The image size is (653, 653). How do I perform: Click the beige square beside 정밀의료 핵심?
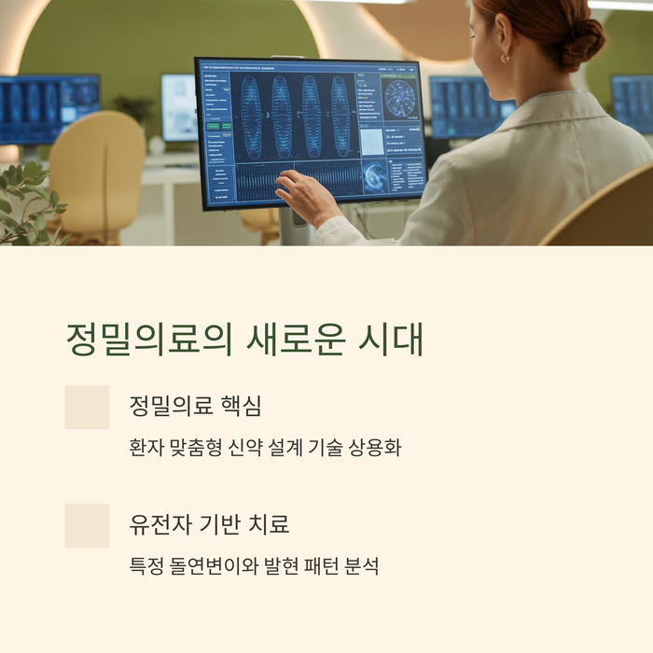87,408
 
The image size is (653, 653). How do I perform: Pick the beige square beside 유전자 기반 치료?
87,525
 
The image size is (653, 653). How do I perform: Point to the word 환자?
144,448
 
